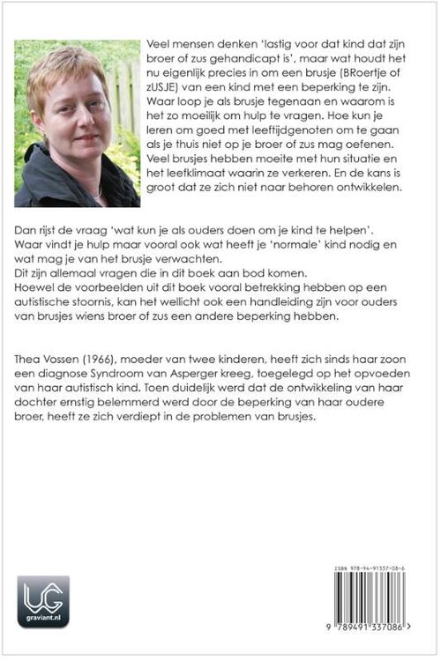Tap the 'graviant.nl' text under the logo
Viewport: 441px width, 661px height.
click(42, 621)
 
